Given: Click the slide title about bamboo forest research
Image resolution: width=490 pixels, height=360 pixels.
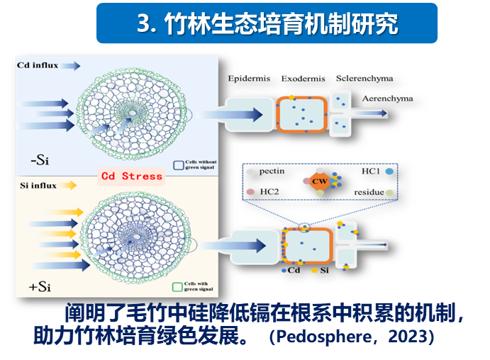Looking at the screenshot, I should (267, 24).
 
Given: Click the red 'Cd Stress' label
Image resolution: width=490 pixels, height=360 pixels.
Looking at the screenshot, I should (131, 176).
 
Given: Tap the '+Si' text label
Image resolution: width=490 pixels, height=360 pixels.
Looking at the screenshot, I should (40, 287).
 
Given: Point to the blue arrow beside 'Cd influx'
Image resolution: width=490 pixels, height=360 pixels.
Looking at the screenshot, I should (70, 66).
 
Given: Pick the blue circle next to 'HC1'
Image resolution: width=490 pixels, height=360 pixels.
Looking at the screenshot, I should (389, 172).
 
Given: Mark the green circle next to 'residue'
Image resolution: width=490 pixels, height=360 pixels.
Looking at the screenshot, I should (389, 192).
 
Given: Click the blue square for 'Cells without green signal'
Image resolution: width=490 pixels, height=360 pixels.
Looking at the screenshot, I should (179, 164).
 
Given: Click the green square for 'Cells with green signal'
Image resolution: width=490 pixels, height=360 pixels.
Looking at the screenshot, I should (179, 287).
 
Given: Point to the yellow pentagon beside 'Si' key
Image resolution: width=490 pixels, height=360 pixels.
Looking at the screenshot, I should (314, 271).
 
